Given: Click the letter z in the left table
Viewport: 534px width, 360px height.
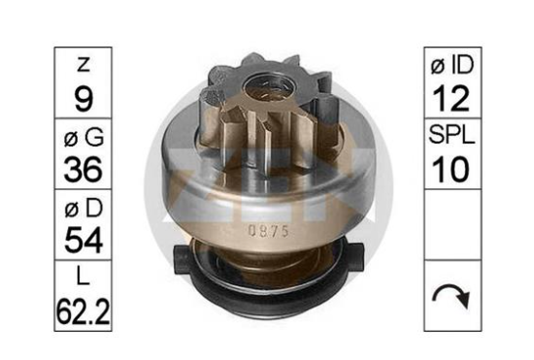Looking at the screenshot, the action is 83,64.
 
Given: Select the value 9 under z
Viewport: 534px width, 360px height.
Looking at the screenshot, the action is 83,98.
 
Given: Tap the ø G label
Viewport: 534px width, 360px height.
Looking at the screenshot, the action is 83,137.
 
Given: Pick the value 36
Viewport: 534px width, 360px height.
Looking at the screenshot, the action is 83,169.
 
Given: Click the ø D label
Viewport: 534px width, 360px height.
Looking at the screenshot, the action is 83,208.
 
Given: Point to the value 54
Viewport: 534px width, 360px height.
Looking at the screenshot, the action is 83,240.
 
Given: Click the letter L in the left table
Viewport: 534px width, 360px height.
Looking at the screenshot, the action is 83,277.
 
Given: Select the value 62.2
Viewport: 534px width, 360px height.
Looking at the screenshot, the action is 83,311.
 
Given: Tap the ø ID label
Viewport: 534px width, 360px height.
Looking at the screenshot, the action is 452,65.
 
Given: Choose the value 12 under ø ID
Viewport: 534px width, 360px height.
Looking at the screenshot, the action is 451,99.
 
